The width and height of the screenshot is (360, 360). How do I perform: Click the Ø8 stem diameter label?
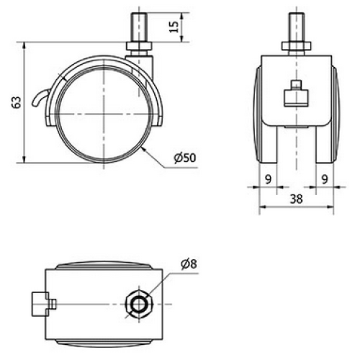click(x=189, y=264)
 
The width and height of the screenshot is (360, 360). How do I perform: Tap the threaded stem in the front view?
click(x=295, y=27)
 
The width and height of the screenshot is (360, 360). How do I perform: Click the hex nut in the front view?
click(x=295, y=48)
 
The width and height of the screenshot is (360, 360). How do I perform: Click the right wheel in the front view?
click(x=326, y=115)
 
